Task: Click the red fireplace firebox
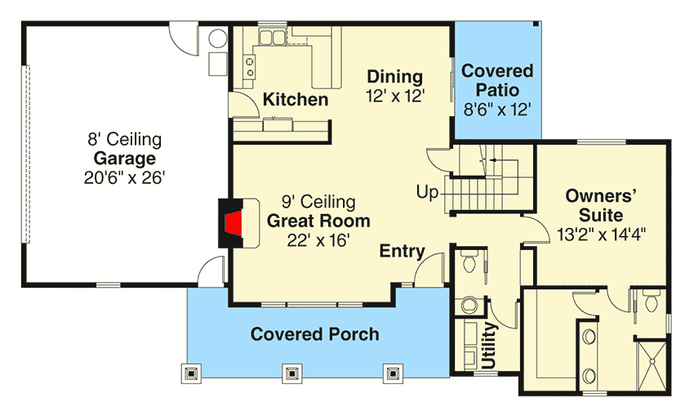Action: point(234,223)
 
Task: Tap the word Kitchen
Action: point(296,99)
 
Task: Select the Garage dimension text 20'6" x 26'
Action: point(124,177)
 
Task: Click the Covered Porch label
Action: point(314,334)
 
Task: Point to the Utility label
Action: point(489,346)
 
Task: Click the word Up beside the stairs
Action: point(427,193)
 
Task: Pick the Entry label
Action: point(402,251)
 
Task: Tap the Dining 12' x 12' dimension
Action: point(395,96)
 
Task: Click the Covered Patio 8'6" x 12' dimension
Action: point(497,109)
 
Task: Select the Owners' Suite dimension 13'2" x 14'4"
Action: point(601,234)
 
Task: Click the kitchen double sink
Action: point(272,38)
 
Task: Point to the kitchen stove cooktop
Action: point(250,66)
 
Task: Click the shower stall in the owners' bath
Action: point(652,365)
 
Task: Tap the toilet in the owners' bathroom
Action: point(652,302)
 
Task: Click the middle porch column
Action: point(291,374)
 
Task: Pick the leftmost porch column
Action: point(191,374)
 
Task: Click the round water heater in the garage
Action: point(218,38)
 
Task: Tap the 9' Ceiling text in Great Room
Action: point(318,202)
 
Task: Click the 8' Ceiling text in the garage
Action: point(124,139)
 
